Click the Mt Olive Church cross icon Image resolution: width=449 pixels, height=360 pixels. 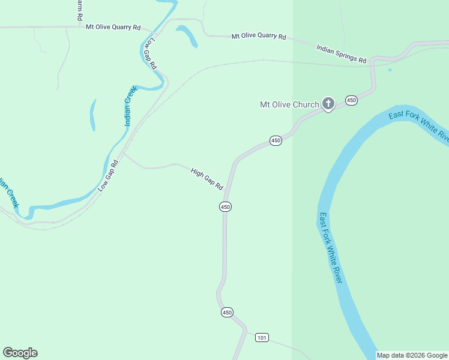point(328,104)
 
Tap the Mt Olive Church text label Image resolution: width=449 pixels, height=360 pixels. point(289,104)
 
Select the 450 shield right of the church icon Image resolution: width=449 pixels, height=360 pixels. point(351,100)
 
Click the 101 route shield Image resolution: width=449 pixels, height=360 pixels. point(262,338)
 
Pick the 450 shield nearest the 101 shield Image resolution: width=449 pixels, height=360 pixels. point(226,313)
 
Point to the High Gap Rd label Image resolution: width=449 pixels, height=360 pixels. point(207,179)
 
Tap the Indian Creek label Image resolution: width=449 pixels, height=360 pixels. point(130,106)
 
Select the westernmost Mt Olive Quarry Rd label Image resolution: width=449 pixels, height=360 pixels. point(113,27)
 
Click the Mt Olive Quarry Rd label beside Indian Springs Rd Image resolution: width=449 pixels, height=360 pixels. point(259,37)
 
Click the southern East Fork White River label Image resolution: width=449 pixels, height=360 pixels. point(331,247)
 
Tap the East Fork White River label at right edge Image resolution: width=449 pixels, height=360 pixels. point(419,126)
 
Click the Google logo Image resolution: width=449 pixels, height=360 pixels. point(20,353)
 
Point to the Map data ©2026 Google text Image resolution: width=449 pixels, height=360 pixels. point(412,355)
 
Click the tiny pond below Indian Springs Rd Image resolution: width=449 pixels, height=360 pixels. point(390,70)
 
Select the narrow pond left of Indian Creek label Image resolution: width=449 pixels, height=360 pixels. point(93,114)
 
